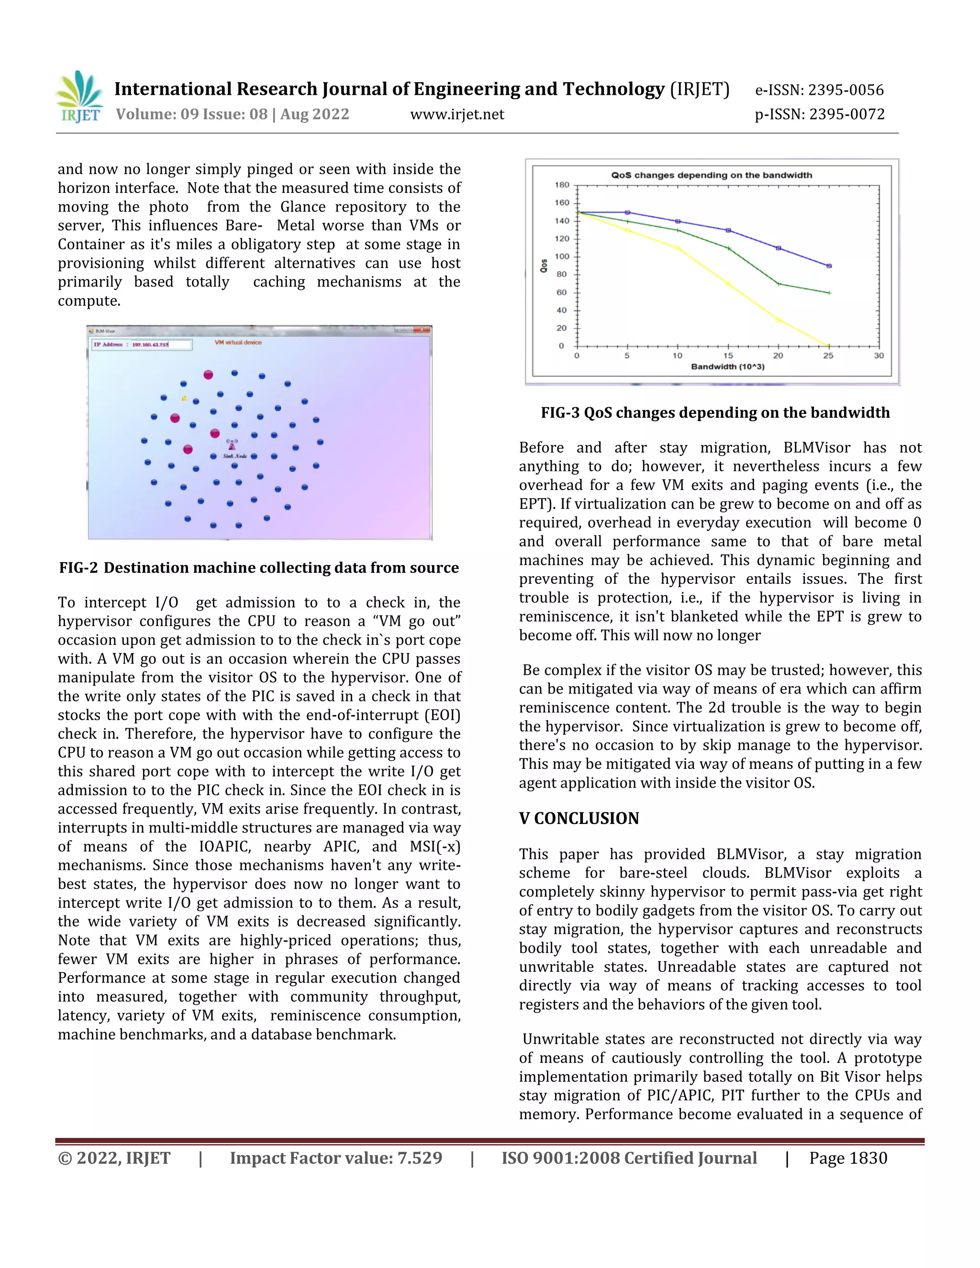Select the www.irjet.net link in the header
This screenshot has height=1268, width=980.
(x=457, y=114)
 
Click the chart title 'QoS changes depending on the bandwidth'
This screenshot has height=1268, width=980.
(x=711, y=175)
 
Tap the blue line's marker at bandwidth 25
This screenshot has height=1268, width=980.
(x=828, y=266)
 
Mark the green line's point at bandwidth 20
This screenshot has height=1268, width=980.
(x=779, y=284)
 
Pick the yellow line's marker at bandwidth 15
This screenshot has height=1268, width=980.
(x=728, y=284)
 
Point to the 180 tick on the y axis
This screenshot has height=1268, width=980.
(x=562, y=185)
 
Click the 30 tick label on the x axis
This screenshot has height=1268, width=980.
(x=879, y=356)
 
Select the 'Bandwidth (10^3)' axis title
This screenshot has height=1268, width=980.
(x=727, y=367)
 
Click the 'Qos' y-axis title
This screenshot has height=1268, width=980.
(x=544, y=266)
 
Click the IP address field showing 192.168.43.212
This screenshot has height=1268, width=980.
(x=160, y=345)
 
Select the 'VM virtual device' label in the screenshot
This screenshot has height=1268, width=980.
(x=238, y=343)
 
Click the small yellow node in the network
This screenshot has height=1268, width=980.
(x=184, y=398)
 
